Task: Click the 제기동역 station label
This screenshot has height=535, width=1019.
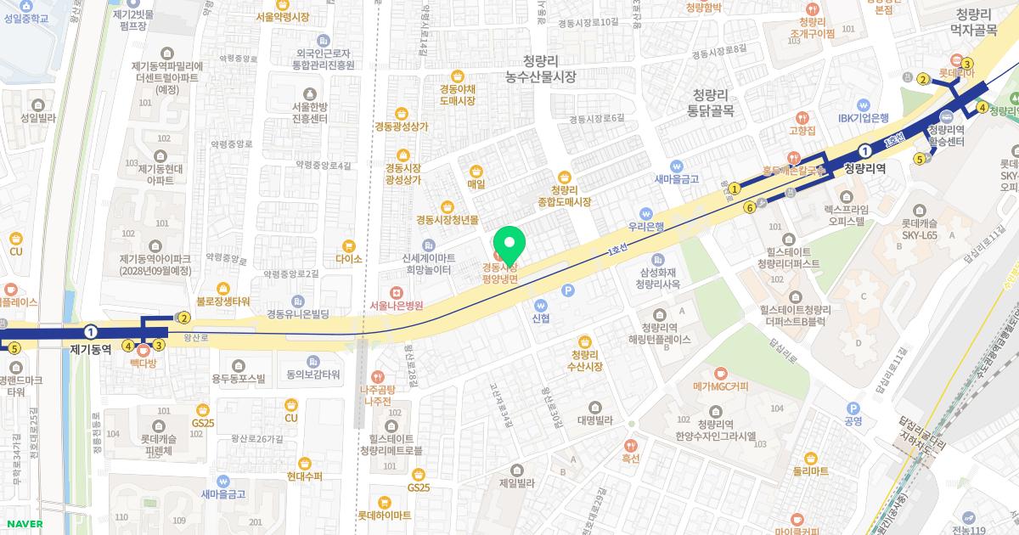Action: [91, 348]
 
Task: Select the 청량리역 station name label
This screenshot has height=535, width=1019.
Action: [865, 168]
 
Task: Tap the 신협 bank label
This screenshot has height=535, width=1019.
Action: [541, 318]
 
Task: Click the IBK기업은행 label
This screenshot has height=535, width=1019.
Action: [864, 118]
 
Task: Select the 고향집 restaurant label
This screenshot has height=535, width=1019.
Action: [802, 130]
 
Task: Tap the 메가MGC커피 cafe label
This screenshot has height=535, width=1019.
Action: [720, 386]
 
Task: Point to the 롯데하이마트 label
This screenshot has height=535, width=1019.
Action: [384, 515]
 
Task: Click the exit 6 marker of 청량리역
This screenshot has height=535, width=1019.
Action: [750, 206]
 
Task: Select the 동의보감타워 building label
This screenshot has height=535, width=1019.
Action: [313, 374]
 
